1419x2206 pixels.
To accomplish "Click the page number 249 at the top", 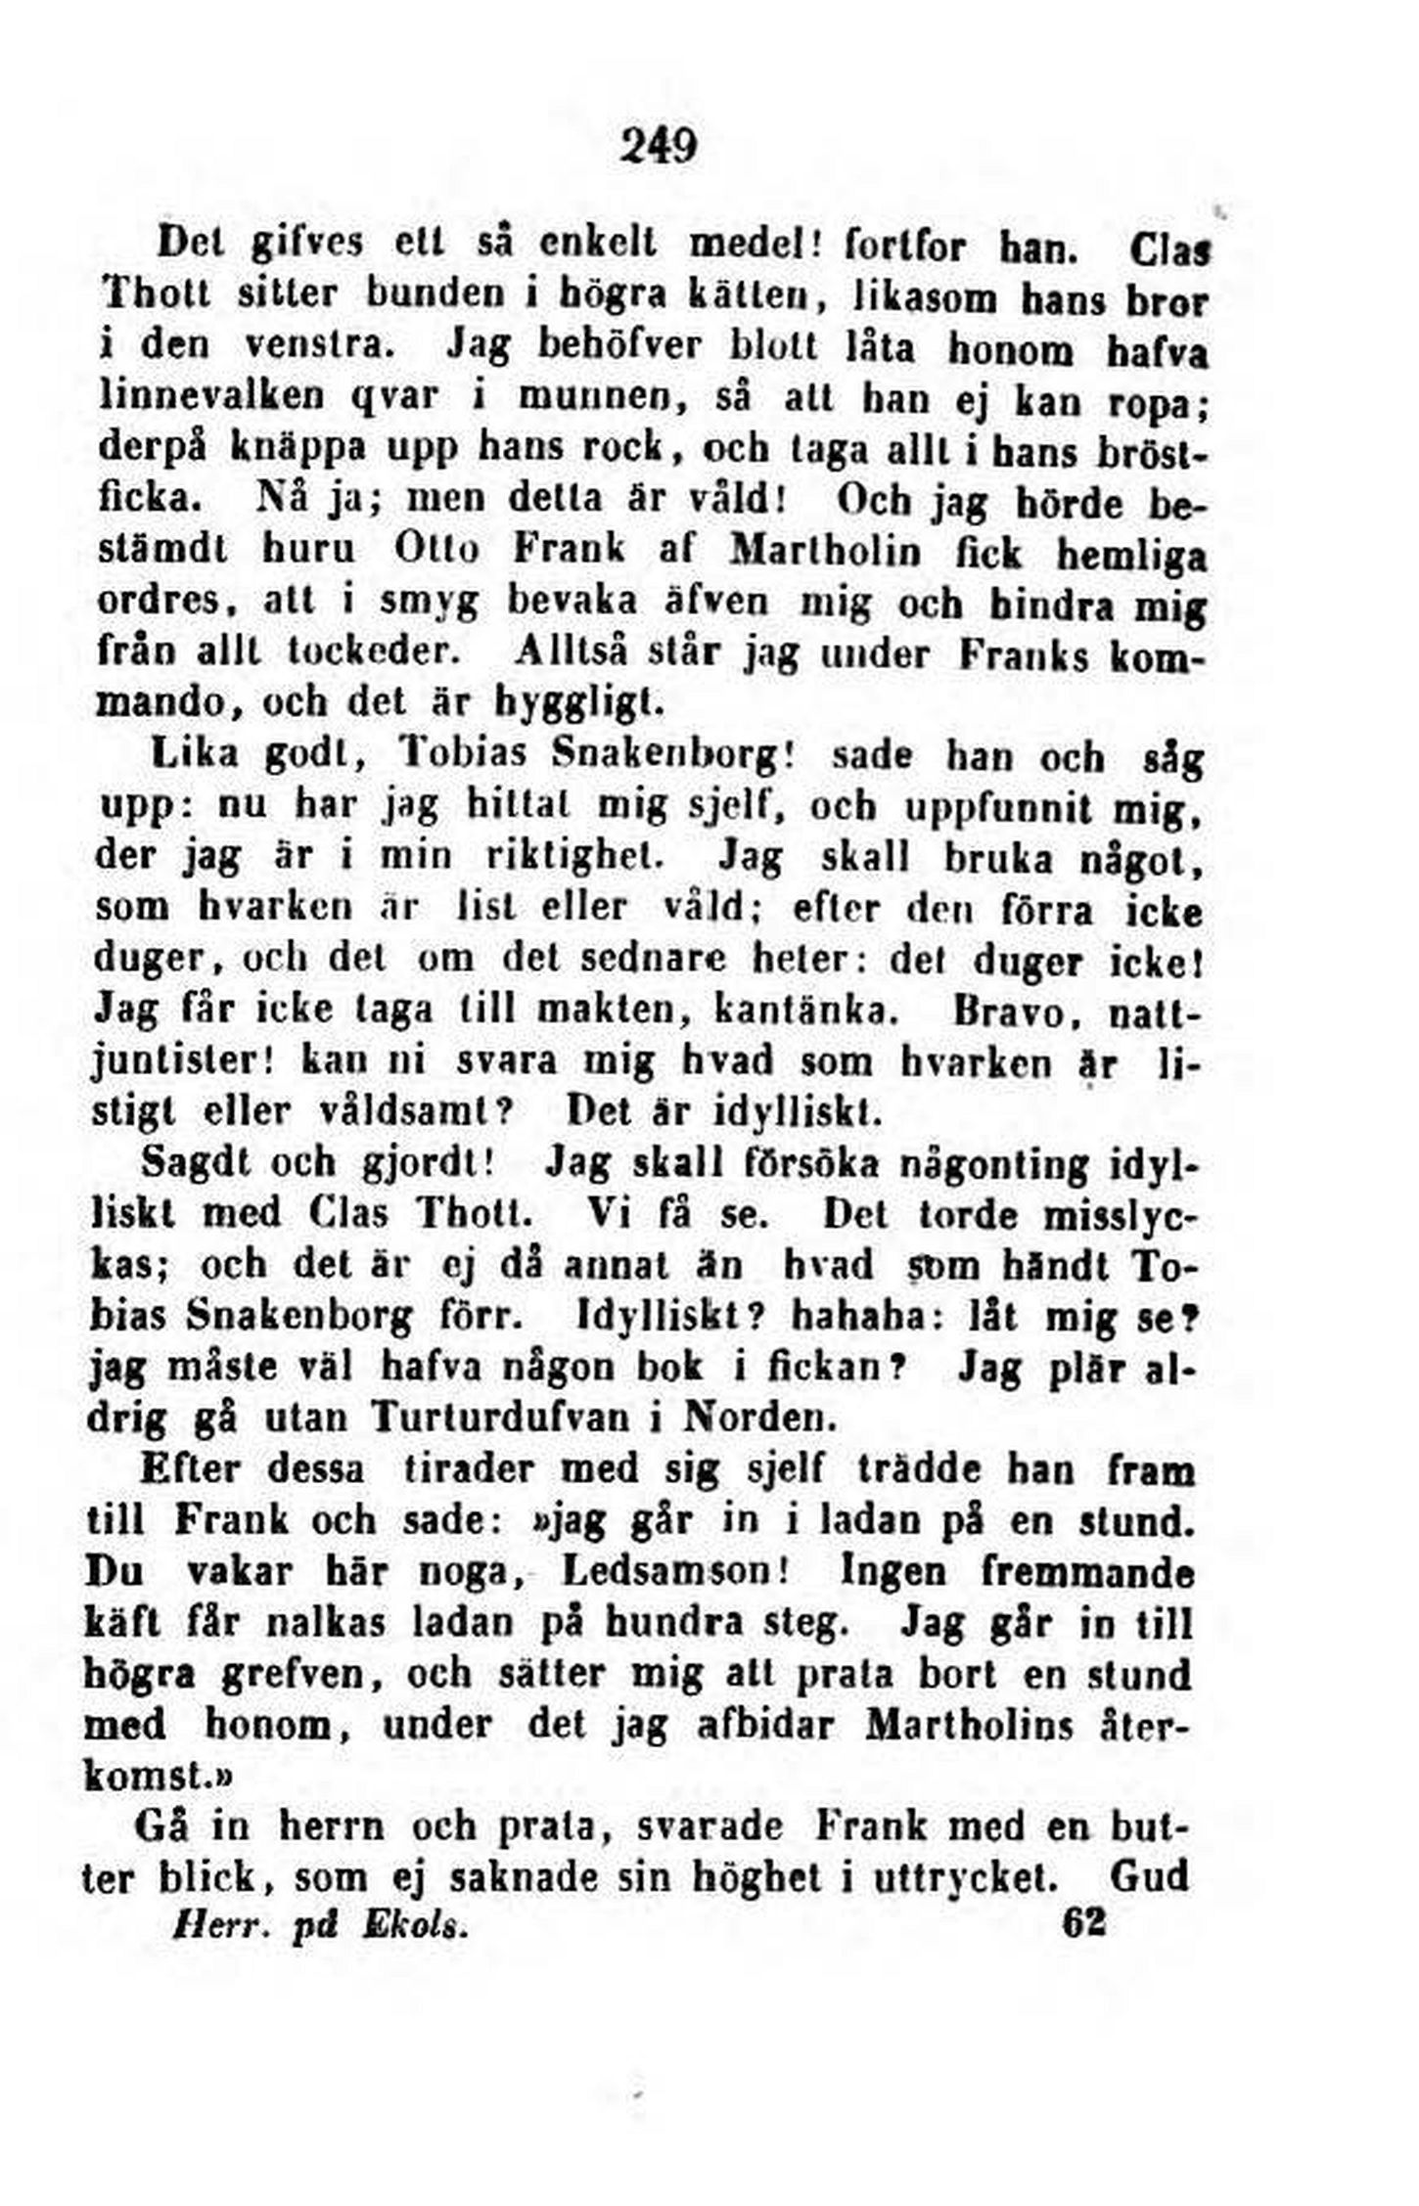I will [x=658, y=146].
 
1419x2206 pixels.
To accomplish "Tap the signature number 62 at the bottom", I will [x=1083, y=1922].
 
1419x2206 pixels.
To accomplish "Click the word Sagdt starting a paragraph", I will [x=191, y=1163].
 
